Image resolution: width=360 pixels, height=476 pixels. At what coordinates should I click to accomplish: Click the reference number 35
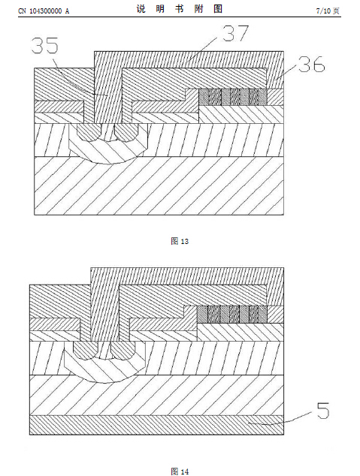click(44, 46)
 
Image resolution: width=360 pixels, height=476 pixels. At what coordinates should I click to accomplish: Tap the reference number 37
click(235, 33)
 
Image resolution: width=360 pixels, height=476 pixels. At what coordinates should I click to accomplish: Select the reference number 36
click(311, 65)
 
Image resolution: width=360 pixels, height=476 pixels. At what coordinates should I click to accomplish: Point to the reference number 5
click(323, 411)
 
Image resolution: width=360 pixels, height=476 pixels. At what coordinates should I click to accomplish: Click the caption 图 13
click(180, 241)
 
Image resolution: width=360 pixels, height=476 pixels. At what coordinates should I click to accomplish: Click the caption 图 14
click(180, 471)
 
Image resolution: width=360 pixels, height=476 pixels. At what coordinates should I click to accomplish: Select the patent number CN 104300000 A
click(44, 11)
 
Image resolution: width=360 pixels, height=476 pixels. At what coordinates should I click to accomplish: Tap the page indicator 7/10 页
click(328, 11)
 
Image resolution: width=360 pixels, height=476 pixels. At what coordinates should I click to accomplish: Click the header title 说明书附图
click(180, 9)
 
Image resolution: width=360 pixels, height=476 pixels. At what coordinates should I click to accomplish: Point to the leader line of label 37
click(202, 50)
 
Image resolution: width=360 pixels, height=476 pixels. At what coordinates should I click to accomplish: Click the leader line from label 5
click(280, 419)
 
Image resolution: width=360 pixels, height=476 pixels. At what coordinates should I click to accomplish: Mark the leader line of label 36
click(286, 73)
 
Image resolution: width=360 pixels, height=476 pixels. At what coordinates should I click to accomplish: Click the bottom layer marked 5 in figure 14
click(157, 425)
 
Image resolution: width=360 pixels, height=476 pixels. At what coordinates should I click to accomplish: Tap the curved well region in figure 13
click(108, 152)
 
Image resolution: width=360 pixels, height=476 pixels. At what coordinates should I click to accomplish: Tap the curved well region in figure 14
click(104, 369)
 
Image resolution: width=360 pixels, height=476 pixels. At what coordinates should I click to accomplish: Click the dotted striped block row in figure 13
click(233, 97)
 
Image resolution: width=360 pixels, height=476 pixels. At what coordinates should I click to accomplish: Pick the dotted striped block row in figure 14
click(232, 314)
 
